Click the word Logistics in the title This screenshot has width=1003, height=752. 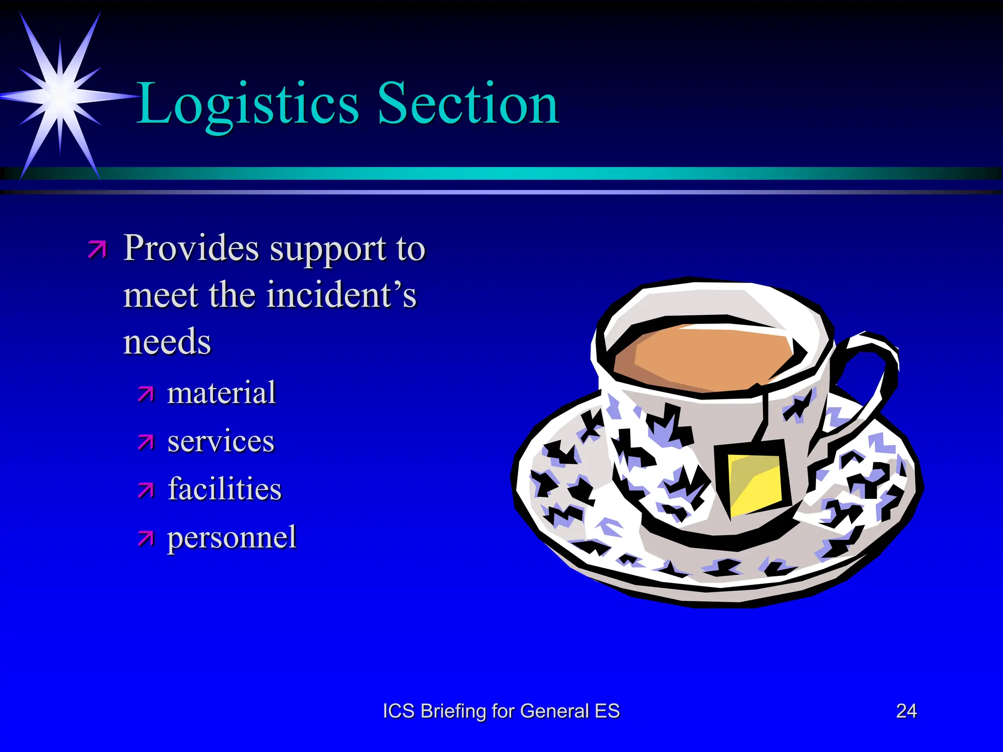tap(247, 104)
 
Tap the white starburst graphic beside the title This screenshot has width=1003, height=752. tap(60, 95)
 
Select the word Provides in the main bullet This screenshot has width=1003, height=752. tap(191, 248)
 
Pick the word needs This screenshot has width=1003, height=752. tap(167, 342)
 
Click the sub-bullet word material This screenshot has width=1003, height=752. tap(221, 393)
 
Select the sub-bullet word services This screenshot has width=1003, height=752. tap(221, 441)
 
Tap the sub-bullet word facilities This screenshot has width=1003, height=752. tap(224, 489)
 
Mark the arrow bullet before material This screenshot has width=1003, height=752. tap(145, 394)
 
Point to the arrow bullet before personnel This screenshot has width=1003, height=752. tap(145, 538)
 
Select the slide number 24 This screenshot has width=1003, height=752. tap(906, 711)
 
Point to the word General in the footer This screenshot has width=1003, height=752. tap(554, 711)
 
